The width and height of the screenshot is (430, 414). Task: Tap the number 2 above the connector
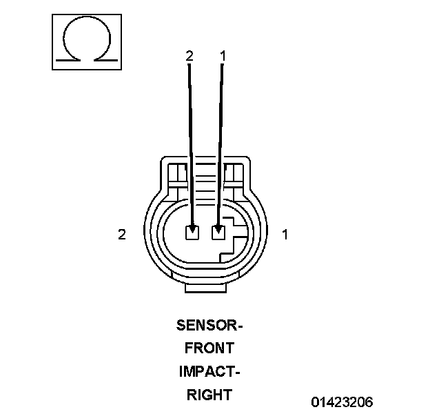[190, 56]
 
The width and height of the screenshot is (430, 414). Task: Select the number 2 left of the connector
[122, 235]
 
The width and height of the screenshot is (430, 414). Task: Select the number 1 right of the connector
[285, 235]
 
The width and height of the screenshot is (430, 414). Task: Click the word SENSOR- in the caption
[209, 324]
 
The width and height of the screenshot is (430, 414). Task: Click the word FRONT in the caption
[209, 348]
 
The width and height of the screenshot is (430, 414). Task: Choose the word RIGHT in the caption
[209, 395]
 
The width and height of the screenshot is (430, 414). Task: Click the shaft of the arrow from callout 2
[191, 138]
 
